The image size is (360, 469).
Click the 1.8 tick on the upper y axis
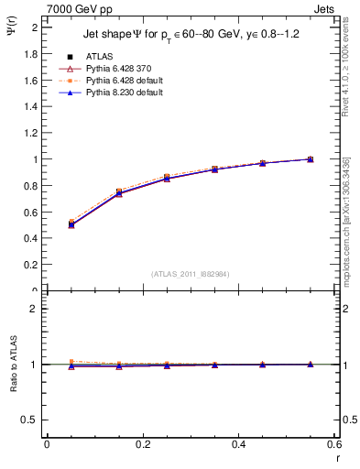click(33, 54)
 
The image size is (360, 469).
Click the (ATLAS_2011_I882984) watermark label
click(190, 274)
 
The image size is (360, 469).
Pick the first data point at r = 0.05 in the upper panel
click(71, 224)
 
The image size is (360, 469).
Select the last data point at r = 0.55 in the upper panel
click(311, 159)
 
